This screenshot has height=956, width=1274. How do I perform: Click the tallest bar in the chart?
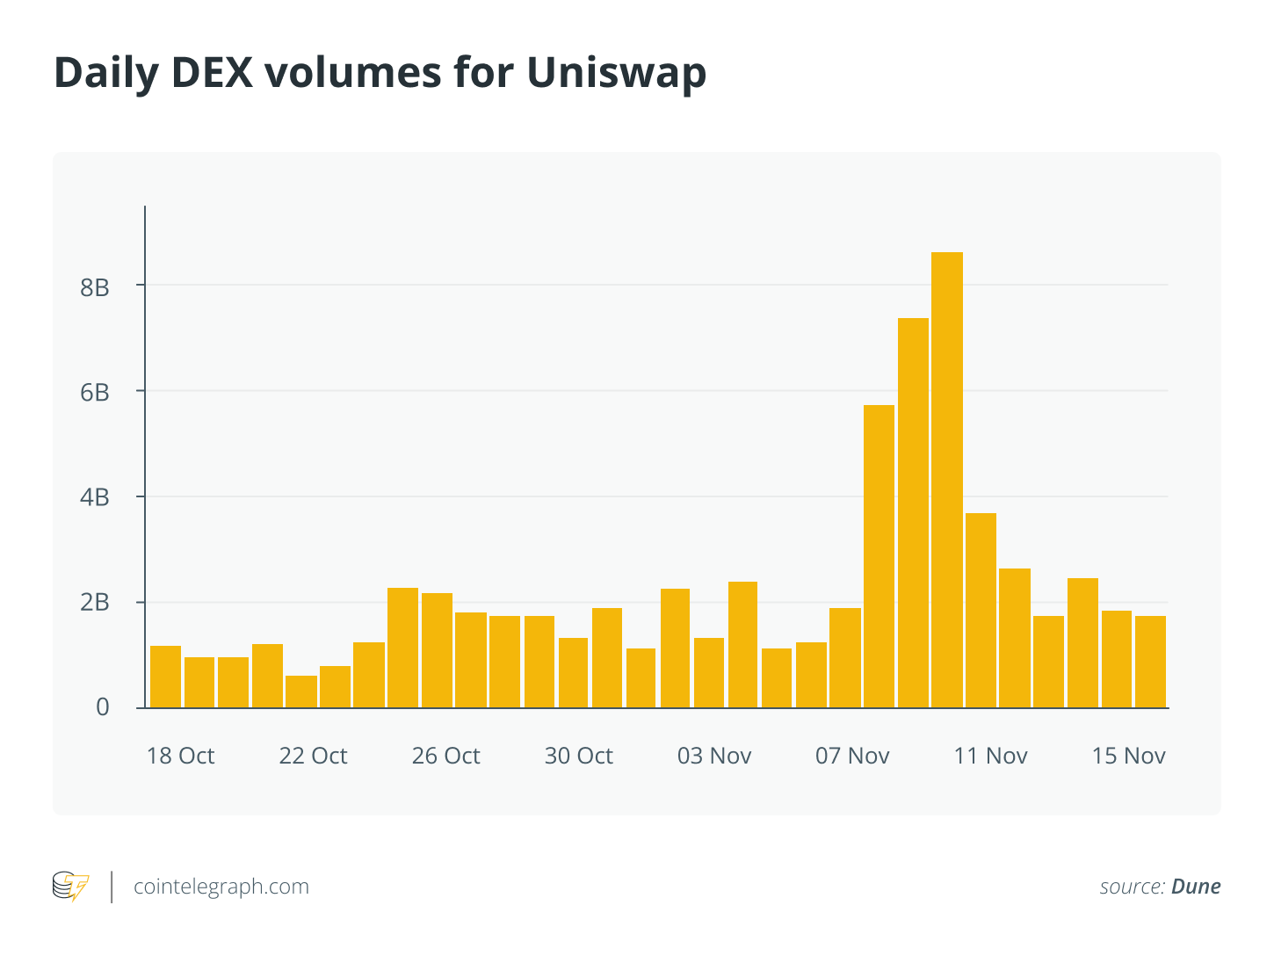click(x=947, y=480)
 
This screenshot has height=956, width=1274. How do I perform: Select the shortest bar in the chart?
click(x=300, y=692)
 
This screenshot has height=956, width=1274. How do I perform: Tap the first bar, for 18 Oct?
click(x=165, y=677)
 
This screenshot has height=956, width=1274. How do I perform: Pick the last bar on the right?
click(x=1150, y=662)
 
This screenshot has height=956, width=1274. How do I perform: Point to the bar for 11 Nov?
click(x=981, y=611)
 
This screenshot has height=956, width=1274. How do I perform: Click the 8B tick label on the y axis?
click(x=95, y=286)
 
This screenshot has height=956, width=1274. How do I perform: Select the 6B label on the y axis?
click(x=95, y=392)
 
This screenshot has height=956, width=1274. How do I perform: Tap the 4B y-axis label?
click(x=95, y=497)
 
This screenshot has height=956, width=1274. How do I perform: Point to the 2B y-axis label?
click(x=95, y=603)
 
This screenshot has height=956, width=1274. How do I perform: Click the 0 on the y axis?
click(x=103, y=707)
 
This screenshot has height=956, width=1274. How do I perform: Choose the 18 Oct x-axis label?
click(x=180, y=756)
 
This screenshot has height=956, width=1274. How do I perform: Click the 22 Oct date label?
click(x=313, y=756)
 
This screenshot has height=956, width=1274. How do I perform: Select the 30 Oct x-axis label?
click(x=578, y=756)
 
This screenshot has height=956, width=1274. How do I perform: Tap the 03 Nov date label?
click(x=714, y=756)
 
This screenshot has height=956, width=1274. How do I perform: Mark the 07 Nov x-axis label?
click(x=852, y=756)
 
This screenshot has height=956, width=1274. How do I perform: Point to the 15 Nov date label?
click(x=1128, y=756)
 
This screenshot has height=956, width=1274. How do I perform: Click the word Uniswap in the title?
click(x=617, y=73)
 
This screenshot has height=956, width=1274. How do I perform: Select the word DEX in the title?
click(x=216, y=73)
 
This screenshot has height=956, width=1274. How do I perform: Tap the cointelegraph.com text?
click(x=221, y=887)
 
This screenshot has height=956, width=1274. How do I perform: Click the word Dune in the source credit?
click(x=1196, y=887)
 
